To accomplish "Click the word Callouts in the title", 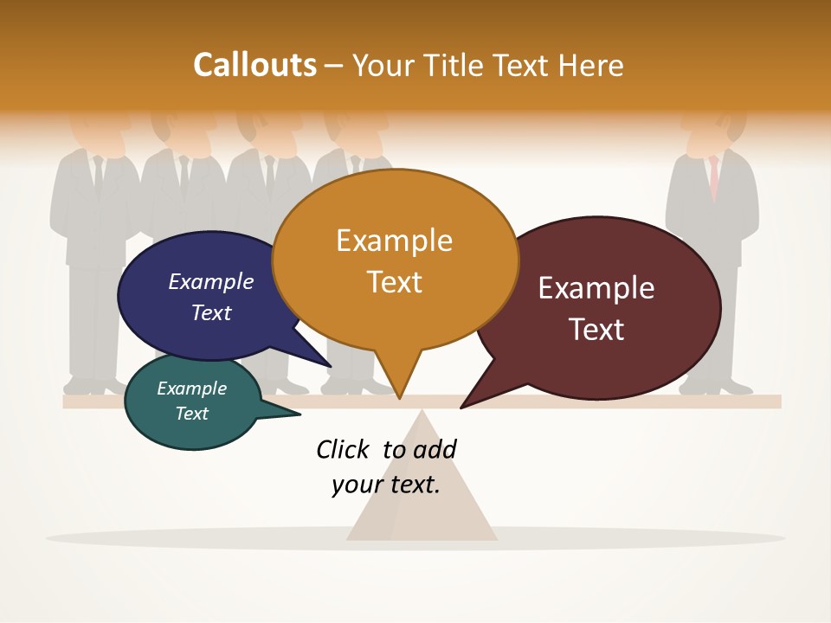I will (254, 65).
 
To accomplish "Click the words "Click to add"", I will (386, 449).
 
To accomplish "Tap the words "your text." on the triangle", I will (386, 485).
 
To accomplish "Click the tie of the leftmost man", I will (98, 173).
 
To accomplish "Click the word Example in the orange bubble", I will (394, 240).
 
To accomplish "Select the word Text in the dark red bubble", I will (597, 330).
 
